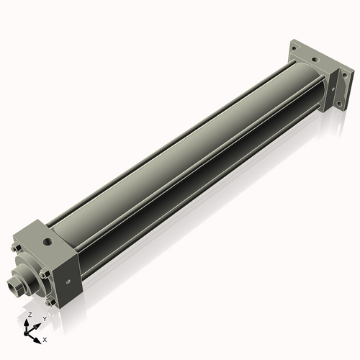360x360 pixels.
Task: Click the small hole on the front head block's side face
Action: point(68,282)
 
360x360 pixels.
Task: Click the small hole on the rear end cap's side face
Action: point(333,89)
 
